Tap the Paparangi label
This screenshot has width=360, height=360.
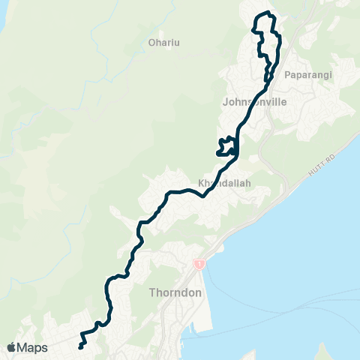(x=308, y=74)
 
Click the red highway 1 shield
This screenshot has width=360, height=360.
(x=199, y=265)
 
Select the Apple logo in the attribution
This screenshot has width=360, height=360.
(x=12, y=347)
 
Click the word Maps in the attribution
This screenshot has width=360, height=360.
(x=34, y=347)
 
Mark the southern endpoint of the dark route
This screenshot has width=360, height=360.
(x=79, y=347)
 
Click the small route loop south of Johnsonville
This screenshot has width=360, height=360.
(x=225, y=145)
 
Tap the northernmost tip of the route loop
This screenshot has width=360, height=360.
(x=264, y=13)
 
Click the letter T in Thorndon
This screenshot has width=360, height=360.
(x=154, y=292)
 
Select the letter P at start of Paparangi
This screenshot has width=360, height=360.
(x=289, y=74)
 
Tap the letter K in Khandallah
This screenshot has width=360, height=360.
(x=200, y=182)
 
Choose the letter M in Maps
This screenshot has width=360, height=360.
(x=24, y=347)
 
